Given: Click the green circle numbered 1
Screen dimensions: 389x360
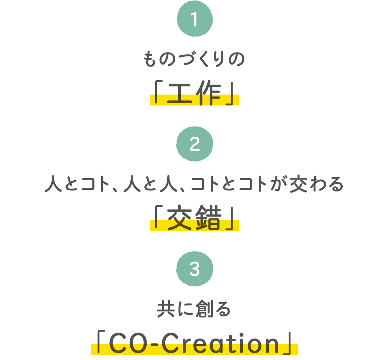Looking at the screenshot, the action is (x=195, y=19).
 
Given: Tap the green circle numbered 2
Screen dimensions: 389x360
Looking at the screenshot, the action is (x=195, y=144).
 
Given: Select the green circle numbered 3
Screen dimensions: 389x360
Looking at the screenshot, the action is (x=195, y=269).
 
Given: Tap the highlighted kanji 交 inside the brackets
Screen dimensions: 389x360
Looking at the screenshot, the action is (x=180, y=218).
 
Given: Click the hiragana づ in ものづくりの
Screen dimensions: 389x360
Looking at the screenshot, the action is (x=190, y=59).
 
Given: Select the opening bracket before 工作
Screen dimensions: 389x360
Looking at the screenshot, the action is (x=159, y=91).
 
